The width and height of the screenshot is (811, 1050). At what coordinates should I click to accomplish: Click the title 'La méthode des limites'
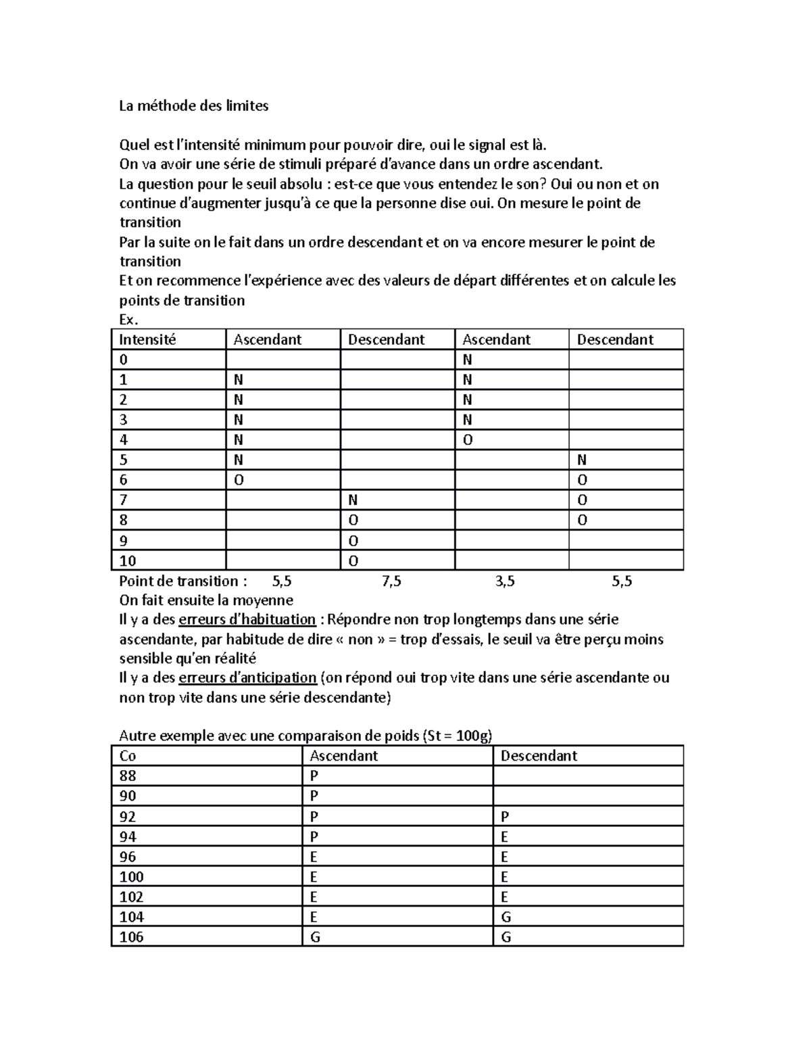pyautogui.click(x=193, y=105)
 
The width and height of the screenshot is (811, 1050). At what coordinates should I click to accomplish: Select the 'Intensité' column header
pyautogui.click(x=147, y=339)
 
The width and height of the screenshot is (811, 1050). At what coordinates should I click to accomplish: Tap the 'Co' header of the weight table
pyautogui.click(x=128, y=756)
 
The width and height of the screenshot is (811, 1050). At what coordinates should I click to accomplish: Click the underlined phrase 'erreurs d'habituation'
pyautogui.click(x=247, y=619)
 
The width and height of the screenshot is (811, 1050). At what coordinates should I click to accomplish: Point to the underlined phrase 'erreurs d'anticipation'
pyautogui.click(x=247, y=677)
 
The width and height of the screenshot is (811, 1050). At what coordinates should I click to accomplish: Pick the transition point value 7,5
pyautogui.click(x=391, y=581)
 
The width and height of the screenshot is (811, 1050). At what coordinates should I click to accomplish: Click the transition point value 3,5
pyautogui.click(x=505, y=581)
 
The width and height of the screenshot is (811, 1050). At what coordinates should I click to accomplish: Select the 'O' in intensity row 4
pyautogui.click(x=468, y=440)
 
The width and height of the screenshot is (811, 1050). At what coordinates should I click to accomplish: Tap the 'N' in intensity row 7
pyautogui.click(x=352, y=500)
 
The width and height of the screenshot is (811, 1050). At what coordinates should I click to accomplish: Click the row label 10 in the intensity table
pyautogui.click(x=128, y=560)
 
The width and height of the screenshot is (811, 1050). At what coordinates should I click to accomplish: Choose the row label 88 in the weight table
pyautogui.click(x=128, y=775)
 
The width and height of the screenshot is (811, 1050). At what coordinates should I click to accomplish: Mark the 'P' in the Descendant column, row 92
pyautogui.click(x=504, y=816)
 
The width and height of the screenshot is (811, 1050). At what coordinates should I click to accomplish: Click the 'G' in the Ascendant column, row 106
pyautogui.click(x=315, y=937)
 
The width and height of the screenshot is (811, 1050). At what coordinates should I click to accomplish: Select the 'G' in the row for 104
pyautogui.click(x=506, y=917)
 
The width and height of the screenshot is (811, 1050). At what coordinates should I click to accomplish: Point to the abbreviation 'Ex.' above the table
pyautogui.click(x=128, y=320)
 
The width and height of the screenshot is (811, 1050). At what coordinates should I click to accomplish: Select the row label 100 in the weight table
pyautogui.click(x=131, y=877)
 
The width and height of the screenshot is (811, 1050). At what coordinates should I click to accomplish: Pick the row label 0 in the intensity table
pyautogui.click(x=123, y=360)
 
